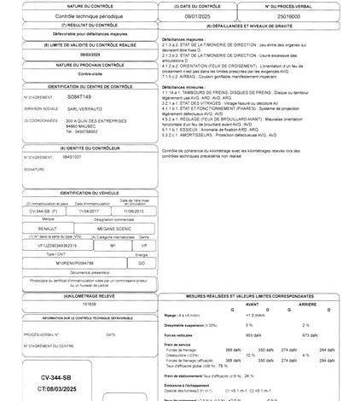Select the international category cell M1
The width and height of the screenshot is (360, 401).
pos(113,243)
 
